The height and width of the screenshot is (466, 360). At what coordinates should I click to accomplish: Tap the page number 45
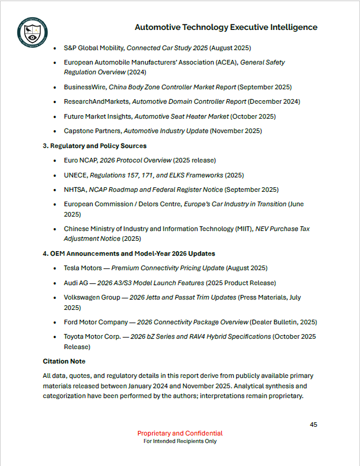pyautogui.click(x=313, y=425)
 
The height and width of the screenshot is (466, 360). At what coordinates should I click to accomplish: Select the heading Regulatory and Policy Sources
pyautogui.click(x=98, y=146)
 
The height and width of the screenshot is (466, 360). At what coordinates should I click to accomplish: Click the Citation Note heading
pyautogui.click(x=64, y=361)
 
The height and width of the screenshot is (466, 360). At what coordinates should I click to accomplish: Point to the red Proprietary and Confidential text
pyautogui.click(x=180, y=433)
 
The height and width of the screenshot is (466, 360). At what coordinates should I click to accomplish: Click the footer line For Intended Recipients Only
pyautogui.click(x=180, y=441)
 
